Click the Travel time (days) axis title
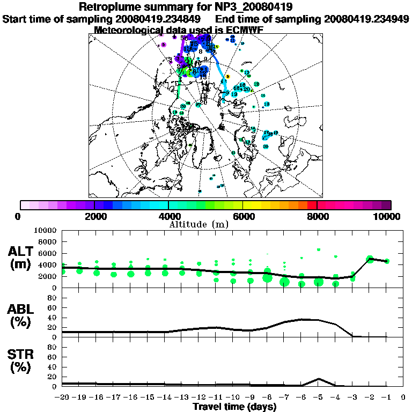235,407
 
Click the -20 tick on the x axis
63,398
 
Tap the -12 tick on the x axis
198,398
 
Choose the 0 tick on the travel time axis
403,398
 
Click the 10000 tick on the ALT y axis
46,230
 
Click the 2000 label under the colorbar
94,217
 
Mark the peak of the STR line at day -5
319,379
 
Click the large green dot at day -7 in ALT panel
284,282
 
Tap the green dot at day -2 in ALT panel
370,259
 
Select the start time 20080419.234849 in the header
160,19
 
